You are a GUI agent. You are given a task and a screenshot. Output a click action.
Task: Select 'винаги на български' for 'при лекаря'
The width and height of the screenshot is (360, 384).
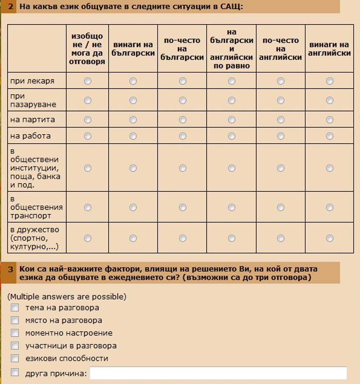(133, 81)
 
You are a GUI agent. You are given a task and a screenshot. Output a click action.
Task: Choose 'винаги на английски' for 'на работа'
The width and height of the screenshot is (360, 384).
(330, 136)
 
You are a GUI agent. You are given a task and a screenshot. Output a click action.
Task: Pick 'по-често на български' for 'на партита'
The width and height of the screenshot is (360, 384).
(183, 120)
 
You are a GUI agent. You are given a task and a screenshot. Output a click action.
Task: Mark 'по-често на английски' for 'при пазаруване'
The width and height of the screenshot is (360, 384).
(281, 100)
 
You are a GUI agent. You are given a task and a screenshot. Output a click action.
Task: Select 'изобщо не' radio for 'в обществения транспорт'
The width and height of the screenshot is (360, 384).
(87, 208)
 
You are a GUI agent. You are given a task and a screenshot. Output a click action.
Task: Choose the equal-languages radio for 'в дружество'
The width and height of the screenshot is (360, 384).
(231, 238)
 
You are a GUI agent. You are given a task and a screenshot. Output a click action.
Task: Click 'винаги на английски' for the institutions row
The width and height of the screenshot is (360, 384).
(330, 168)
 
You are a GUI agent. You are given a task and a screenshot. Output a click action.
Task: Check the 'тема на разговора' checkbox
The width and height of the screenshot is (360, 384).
(15, 308)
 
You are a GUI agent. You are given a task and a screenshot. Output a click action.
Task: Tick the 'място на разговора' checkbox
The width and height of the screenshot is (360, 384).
(15, 320)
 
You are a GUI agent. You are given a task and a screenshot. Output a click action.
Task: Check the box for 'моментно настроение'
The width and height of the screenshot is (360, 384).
(15, 333)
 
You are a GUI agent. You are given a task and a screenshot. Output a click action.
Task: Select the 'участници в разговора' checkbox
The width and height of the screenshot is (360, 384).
(15, 346)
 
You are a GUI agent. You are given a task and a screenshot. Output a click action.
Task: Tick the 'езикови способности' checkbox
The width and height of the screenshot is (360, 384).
(15, 358)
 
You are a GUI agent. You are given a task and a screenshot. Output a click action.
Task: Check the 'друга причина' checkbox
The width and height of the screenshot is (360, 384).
(15, 373)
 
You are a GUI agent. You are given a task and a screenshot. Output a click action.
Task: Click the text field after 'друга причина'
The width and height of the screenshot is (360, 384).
(218, 373)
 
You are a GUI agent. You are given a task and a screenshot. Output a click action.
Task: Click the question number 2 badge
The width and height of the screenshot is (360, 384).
(11, 7)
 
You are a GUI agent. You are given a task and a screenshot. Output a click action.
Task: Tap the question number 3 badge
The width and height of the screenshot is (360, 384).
(11, 269)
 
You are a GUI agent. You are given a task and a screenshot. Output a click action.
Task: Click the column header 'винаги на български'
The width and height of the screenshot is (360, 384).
(133, 49)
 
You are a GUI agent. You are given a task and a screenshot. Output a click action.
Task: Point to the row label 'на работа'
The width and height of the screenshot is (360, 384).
(30, 136)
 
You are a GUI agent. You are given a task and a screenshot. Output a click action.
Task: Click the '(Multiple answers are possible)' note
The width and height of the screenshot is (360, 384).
(67, 297)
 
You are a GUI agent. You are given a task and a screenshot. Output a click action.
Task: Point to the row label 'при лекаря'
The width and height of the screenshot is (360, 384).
(32, 81)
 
